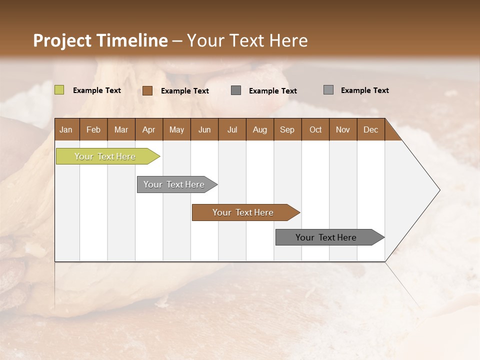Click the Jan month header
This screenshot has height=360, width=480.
tap(66, 130)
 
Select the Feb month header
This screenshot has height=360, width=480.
tap(93, 130)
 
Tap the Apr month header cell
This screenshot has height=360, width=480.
tap(148, 130)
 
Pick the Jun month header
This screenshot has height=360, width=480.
tap(204, 130)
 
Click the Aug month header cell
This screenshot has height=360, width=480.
tap(259, 130)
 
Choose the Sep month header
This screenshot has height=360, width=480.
tap(287, 130)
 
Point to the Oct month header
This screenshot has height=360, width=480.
tap(315, 130)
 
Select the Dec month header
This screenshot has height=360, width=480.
tap(370, 130)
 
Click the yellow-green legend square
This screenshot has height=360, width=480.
tap(59, 90)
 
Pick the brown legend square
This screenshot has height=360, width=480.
tap(147, 90)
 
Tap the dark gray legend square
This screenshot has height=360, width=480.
tap(236, 90)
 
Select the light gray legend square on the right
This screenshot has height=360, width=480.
tap(328, 90)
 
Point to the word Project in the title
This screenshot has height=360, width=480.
tap(62, 40)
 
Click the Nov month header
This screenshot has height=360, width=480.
tap(343, 130)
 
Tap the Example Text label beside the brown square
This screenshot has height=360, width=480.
tap(185, 91)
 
